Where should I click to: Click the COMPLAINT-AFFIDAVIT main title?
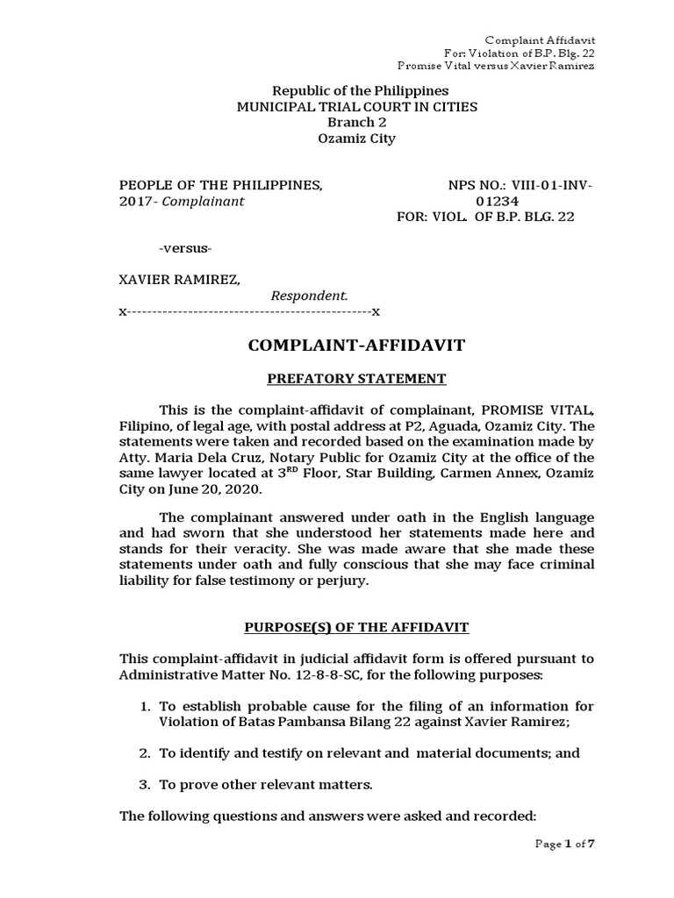(356, 346)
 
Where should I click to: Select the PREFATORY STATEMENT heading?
(356, 379)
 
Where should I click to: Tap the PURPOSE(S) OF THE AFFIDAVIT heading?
(356, 627)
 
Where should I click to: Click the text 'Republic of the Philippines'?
(360, 90)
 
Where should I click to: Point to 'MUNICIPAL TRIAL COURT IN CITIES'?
(356, 107)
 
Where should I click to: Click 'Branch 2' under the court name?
(356, 123)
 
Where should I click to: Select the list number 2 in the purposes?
(146, 753)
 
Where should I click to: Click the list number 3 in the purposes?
(146, 784)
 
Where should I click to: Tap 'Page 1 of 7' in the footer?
(565, 845)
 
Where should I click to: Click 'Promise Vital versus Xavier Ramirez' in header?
(496, 66)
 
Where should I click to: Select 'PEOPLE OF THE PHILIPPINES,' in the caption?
(220, 185)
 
